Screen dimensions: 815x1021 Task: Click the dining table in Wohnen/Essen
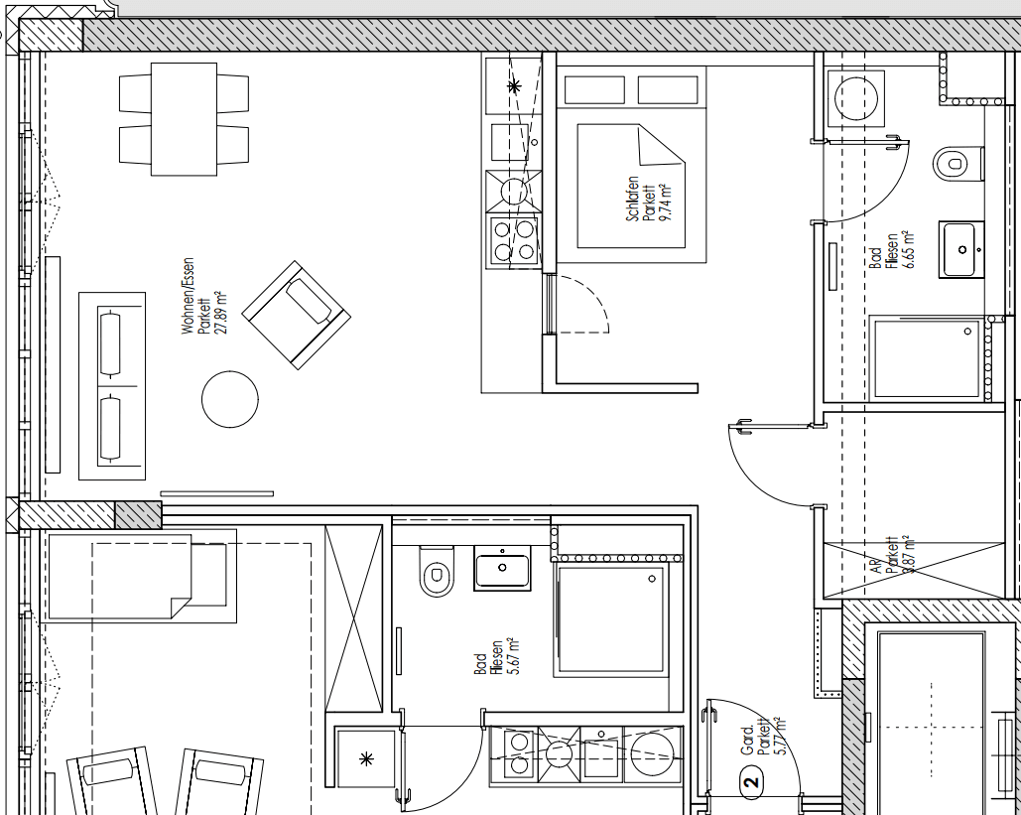(x=184, y=118)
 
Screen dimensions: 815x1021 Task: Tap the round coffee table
(x=230, y=399)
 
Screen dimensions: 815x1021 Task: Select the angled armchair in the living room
(x=297, y=314)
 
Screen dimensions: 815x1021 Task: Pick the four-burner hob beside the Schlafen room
(x=512, y=239)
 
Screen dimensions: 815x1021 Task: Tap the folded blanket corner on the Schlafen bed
(x=661, y=148)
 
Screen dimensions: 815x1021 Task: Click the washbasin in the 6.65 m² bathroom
(x=960, y=248)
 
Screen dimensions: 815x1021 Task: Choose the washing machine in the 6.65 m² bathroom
(x=855, y=97)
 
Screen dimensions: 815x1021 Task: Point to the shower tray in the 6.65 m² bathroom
(x=925, y=358)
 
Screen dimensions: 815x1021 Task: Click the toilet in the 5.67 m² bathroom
(x=436, y=574)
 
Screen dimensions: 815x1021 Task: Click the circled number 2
(x=751, y=783)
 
